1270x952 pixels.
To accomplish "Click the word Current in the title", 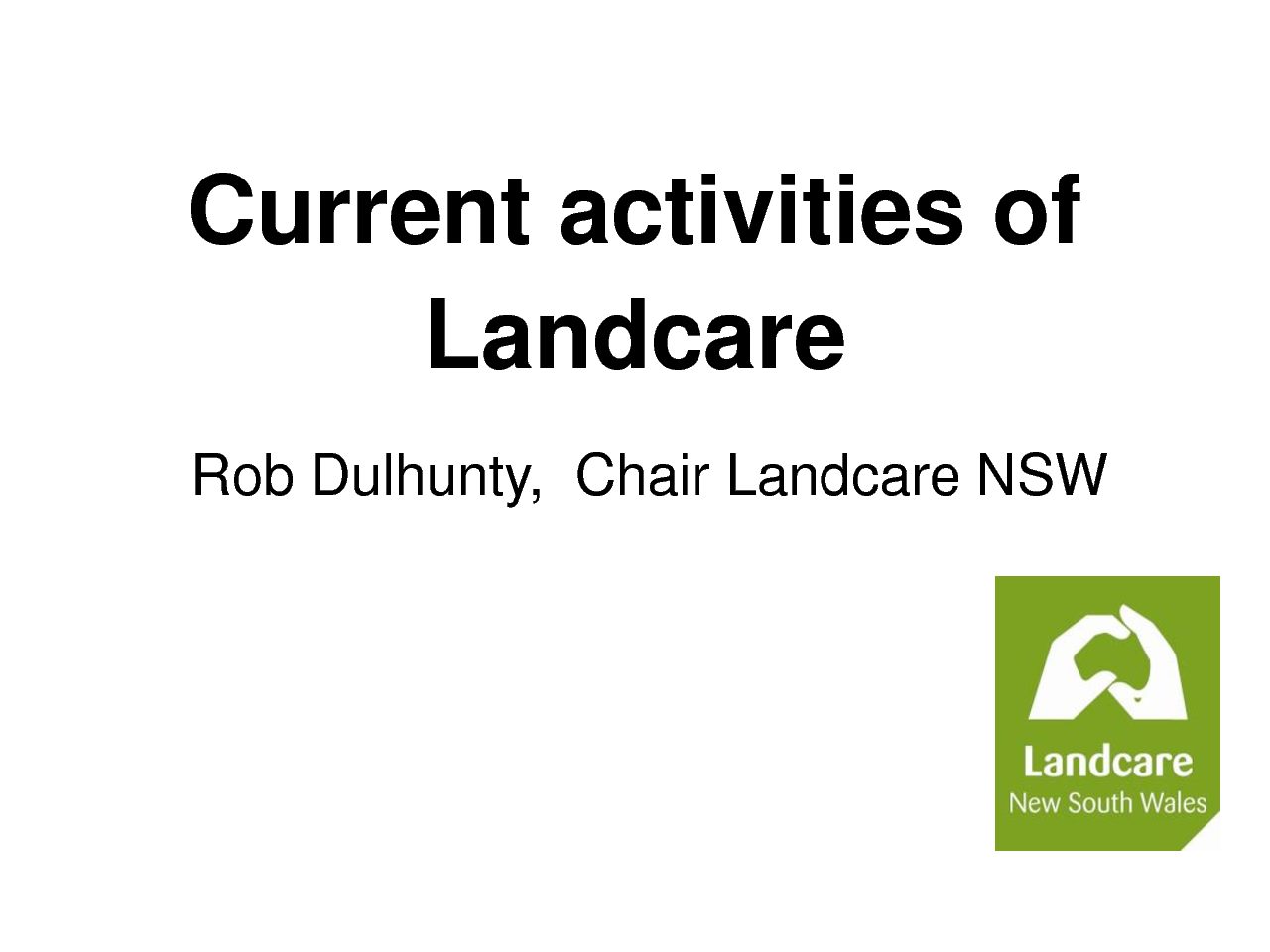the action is [x=359, y=209].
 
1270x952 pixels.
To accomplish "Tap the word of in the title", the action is [x=1037, y=208].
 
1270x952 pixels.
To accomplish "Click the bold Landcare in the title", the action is [x=636, y=334].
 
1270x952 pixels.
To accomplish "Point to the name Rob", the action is [x=242, y=475].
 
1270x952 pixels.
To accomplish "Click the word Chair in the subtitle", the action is [x=642, y=475].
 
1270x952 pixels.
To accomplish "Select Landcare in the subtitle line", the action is [x=843, y=475].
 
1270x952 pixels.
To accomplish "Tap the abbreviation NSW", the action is [x=1042, y=475].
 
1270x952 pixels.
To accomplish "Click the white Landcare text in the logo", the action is [x=1107, y=762].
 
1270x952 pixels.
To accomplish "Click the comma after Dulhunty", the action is [x=536, y=498].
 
